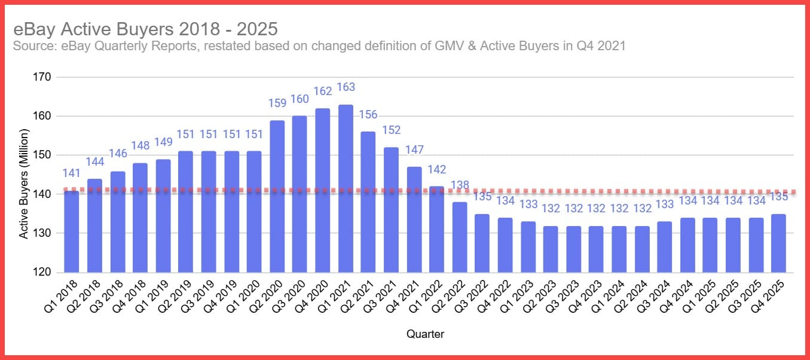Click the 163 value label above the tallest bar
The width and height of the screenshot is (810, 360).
346,87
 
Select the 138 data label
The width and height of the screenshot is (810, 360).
460,185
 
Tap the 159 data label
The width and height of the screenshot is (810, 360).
277,103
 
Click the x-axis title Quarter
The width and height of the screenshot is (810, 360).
425,334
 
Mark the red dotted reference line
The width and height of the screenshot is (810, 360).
598,191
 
